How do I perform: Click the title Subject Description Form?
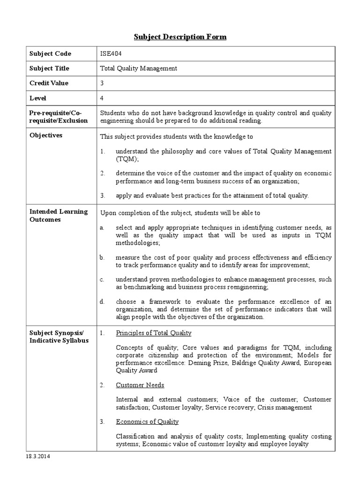(x=180, y=37)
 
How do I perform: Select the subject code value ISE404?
(x=111, y=53)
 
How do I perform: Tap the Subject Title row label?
(x=49, y=68)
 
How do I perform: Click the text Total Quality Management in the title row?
(x=139, y=68)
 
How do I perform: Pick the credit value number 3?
(x=102, y=83)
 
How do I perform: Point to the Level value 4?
(x=102, y=98)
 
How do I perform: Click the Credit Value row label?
(x=49, y=83)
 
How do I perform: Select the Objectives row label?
(x=45, y=135)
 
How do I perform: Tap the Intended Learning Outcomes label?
(x=59, y=216)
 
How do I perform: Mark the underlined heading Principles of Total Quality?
(x=154, y=333)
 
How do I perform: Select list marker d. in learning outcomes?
(x=102, y=301)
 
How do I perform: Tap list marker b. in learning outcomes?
(x=102, y=258)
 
